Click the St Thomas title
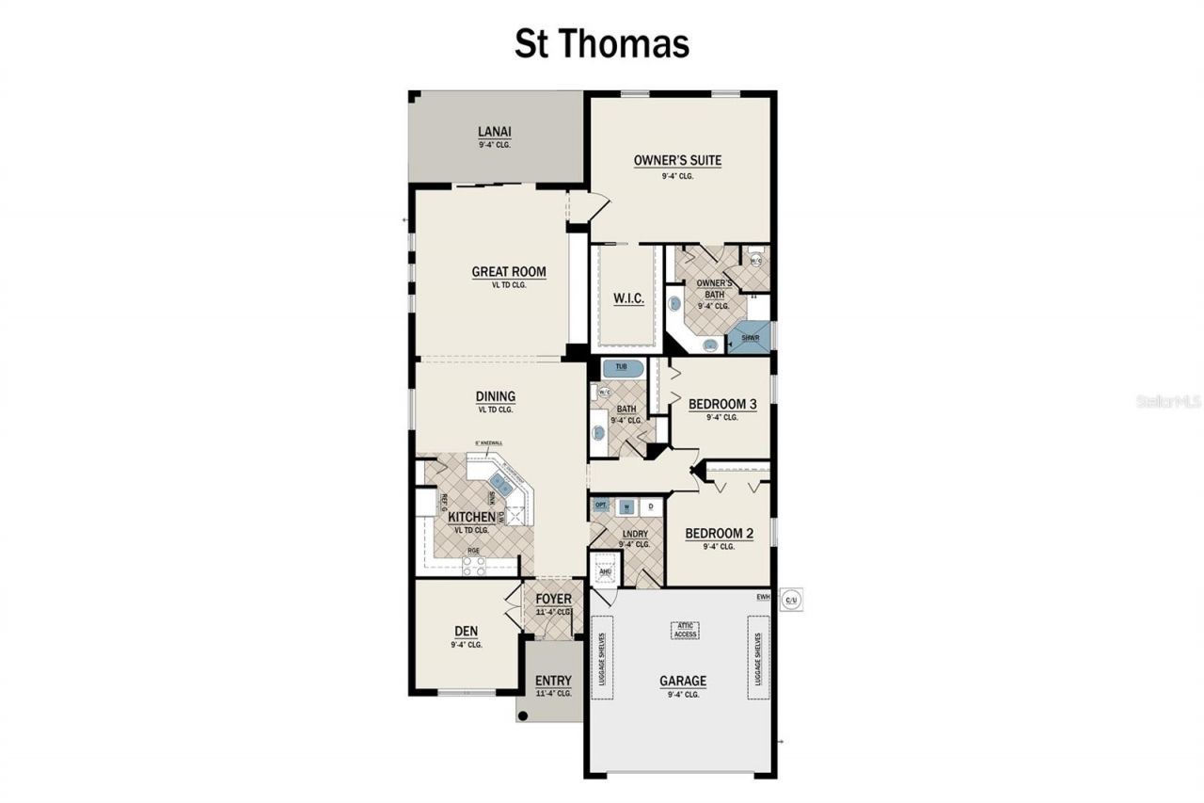tap(601, 44)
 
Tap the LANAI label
tap(494, 132)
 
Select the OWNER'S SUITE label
tap(677, 160)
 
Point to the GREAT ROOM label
tap(509, 272)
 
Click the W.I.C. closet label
tap(628, 298)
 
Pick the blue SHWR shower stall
tap(752, 337)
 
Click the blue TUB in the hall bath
tap(621, 366)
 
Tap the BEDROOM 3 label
tap(722, 404)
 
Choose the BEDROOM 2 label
tap(719, 533)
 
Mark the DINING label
tap(495, 396)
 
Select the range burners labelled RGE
tap(473, 566)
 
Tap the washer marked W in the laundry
tap(626, 506)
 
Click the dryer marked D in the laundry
tap(650, 506)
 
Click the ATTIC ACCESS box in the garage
tap(686, 630)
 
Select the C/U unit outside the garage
tap(791, 598)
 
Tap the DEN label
tap(467, 633)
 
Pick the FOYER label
tap(553, 600)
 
